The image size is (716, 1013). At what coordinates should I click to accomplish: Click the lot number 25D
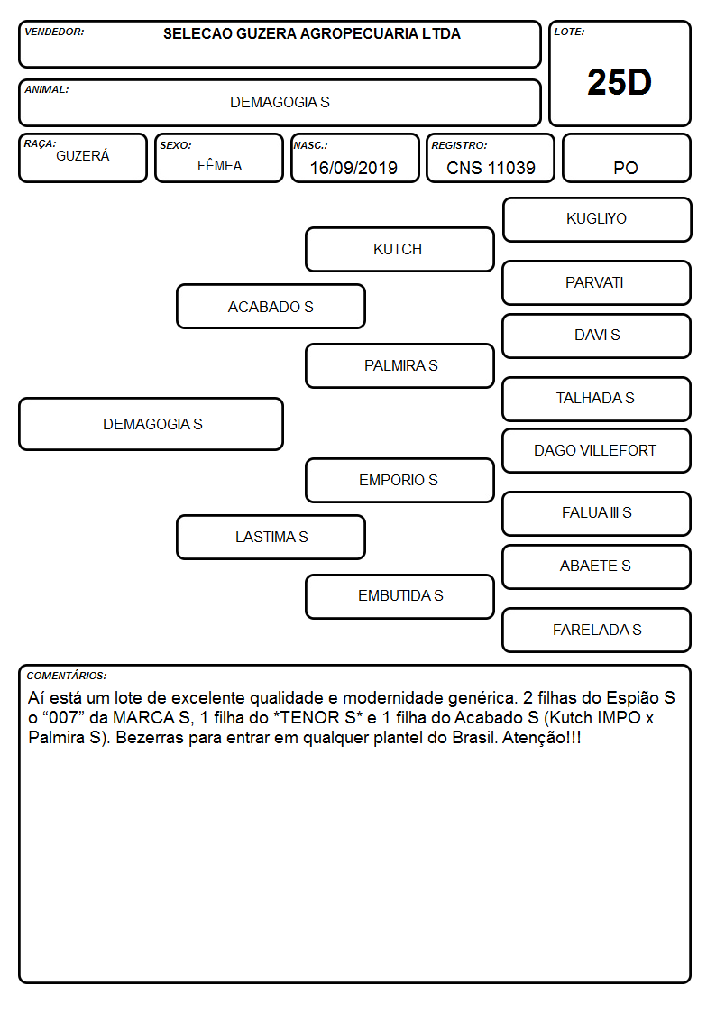[620, 82]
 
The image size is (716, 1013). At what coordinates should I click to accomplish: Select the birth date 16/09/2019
[353, 168]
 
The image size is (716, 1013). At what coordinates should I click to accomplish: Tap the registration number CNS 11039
[491, 168]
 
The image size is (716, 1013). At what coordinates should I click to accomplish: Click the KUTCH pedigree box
[399, 249]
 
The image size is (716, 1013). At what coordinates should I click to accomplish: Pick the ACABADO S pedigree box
[271, 307]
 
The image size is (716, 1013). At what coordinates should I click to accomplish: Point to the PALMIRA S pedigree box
[399, 365]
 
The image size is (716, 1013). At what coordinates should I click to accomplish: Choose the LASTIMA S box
[271, 537]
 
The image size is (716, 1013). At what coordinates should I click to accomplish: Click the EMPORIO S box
[399, 480]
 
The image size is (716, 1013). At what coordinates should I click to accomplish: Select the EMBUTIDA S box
[399, 596]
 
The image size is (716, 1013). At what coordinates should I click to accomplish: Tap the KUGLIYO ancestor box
[597, 220]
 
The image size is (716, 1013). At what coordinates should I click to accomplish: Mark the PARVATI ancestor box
[597, 283]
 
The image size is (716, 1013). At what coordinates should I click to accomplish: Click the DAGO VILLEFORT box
[597, 450]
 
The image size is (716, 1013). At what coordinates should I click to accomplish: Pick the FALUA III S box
[597, 513]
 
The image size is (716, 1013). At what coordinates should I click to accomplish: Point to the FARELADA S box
[597, 630]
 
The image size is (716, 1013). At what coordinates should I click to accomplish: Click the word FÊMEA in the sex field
[219, 165]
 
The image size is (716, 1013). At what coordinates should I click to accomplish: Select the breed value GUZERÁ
[83, 155]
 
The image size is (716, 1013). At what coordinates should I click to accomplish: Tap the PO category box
[626, 158]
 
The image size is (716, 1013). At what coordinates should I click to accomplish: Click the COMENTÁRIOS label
[67, 676]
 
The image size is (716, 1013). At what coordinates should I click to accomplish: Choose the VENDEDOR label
[54, 32]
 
